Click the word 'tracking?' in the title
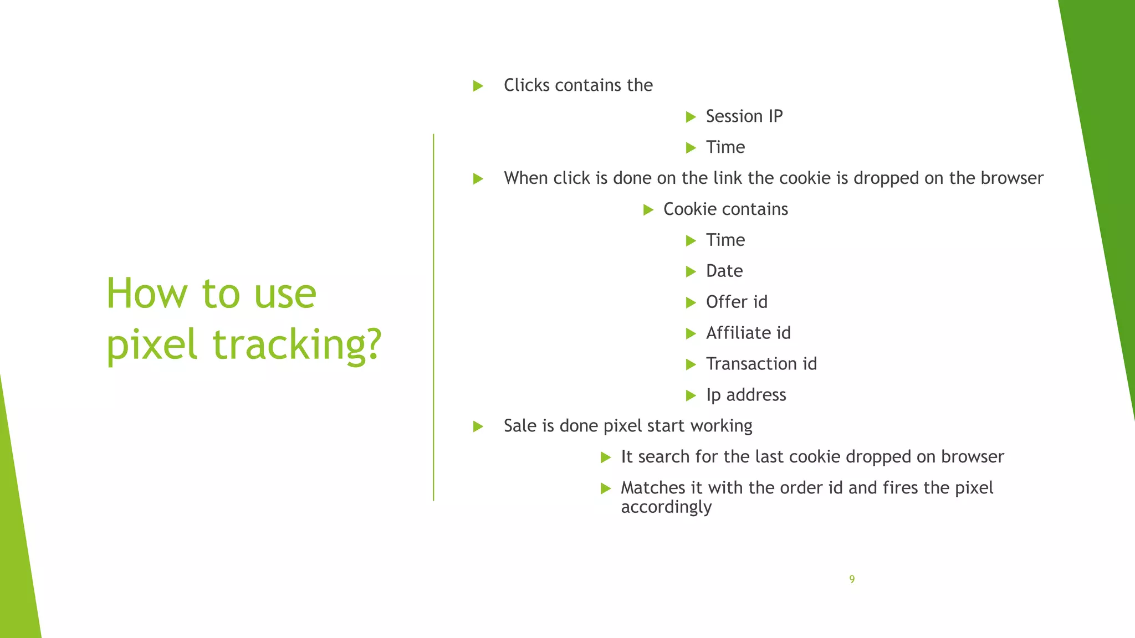tap(297, 344)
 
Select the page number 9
tap(852, 579)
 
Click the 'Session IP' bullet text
tap(744, 116)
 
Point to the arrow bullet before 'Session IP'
tap(691, 117)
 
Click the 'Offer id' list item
tap(737, 302)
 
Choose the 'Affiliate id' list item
tap(748, 333)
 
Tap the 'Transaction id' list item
tap(761, 364)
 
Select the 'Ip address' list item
tap(746, 395)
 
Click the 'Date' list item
tap(724, 271)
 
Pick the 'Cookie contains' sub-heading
tap(725, 209)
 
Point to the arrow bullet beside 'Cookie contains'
tap(648, 210)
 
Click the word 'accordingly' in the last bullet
tap(666, 507)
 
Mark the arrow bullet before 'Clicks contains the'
tap(478, 86)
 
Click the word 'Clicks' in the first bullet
tap(526, 85)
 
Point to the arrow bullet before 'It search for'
tap(606, 457)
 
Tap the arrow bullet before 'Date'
tap(691, 272)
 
